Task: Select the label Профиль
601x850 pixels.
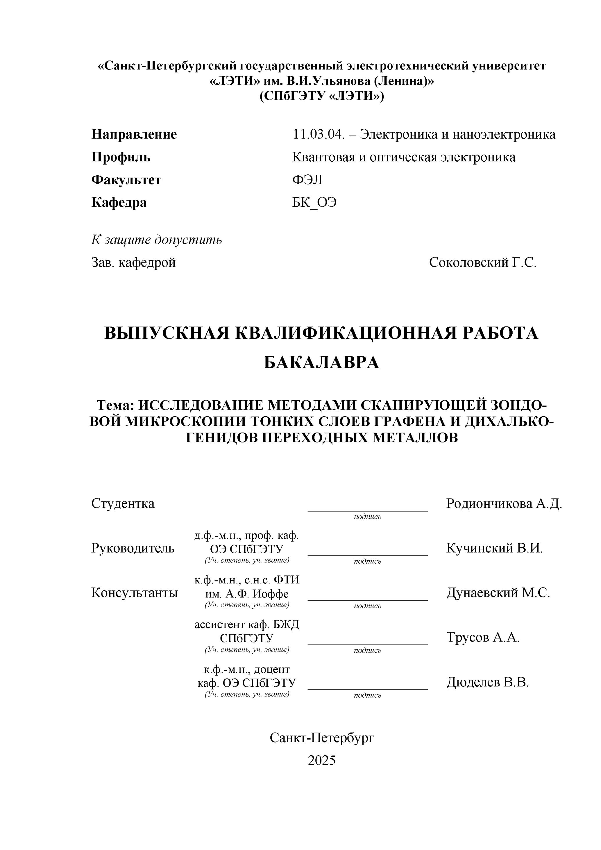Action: [x=121, y=157]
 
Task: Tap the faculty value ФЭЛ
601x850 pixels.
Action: [x=307, y=180]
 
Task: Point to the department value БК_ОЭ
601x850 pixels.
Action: [x=314, y=203]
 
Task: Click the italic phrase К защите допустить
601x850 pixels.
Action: [x=157, y=240]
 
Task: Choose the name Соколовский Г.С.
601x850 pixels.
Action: [x=483, y=262]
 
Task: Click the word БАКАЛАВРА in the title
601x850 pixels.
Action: [x=321, y=362]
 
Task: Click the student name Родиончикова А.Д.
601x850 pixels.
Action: [x=504, y=503]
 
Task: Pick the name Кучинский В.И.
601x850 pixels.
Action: [x=494, y=548]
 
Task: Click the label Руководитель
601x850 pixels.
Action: [x=133, y=548]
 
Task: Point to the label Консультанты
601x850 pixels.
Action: [x=134, y=593]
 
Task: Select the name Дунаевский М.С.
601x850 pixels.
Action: [x=498, y=593]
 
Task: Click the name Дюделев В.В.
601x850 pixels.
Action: [x=487, y=682]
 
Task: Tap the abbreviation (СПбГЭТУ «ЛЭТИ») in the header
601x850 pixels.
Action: [x=321, y=96]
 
